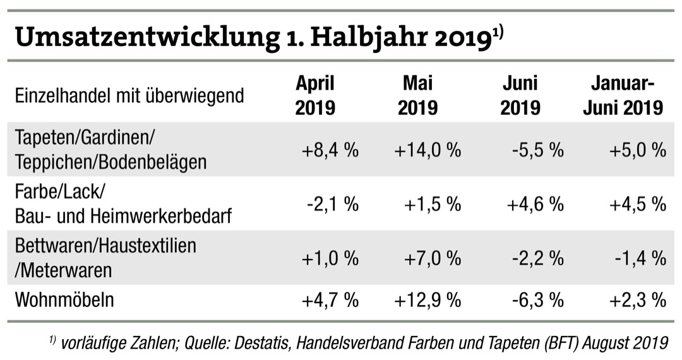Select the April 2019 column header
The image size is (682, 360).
(315, 95)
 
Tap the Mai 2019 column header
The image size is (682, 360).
(417, 95)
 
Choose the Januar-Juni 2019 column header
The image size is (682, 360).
(623, 95)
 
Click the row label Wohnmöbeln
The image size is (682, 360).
(64, 299)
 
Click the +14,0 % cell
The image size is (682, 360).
(428, 150)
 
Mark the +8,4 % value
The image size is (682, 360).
(330, 150)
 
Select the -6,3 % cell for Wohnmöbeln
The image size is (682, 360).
(537, 300)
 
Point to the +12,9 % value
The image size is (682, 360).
(428, 300)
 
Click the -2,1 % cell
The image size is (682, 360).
(333, 204)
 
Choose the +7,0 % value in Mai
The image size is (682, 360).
(433, 258)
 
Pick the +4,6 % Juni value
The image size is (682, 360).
(535, 204)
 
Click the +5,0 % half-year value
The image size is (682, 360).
(638, 150)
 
